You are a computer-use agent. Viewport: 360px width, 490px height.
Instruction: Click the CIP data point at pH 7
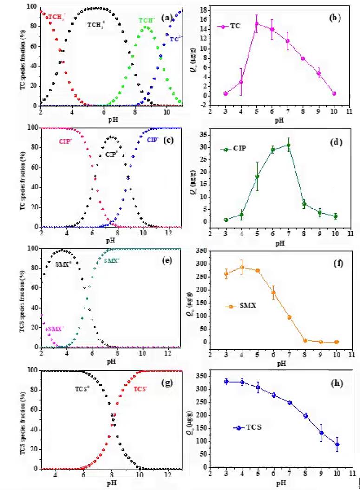tap(288, 145)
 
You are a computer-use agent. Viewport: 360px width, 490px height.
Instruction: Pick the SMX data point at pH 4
tap(242, 267)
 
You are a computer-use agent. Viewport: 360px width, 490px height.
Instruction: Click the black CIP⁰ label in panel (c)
tap(111, 154)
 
